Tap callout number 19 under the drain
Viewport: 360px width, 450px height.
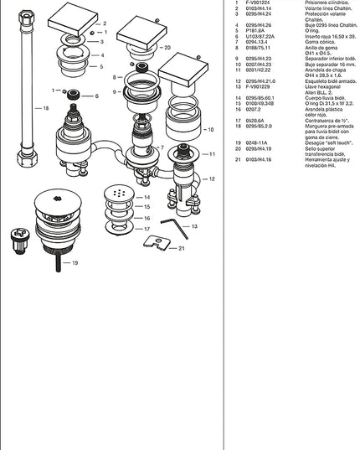tap(75, 263)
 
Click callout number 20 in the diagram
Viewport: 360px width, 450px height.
tap(167, 48)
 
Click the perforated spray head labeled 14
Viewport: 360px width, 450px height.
tap(118, 194)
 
